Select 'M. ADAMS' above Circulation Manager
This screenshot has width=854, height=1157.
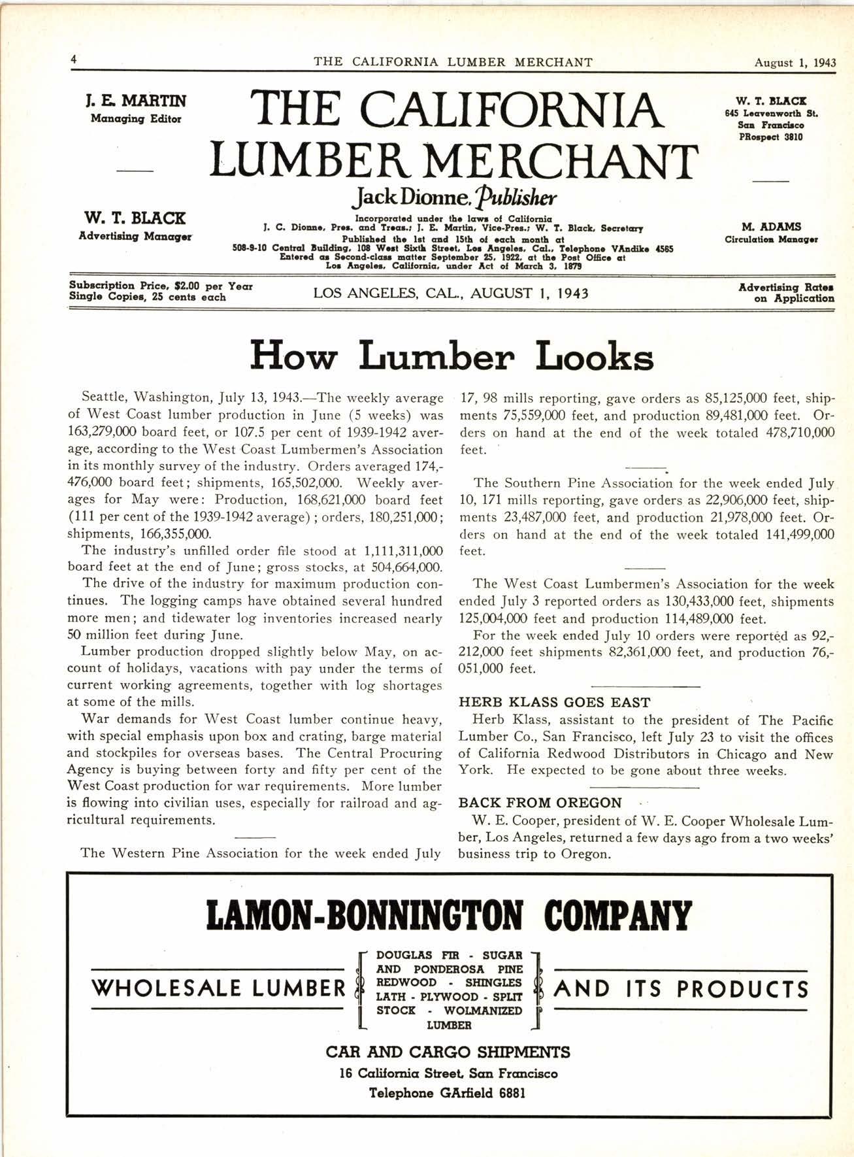point(771,227)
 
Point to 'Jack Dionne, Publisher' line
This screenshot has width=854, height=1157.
point(453,195)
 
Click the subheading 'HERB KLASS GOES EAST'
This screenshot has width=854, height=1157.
point(555,703)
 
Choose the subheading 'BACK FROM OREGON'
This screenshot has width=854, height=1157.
point(540,803)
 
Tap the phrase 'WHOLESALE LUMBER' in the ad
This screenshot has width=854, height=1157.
point(219,988)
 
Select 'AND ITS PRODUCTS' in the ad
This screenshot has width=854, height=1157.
point(681,988)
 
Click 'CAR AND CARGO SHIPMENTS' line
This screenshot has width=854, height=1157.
point(448,1052)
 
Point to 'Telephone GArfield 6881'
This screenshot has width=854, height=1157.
point(448,1093)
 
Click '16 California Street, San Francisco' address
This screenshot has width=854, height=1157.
point(448,1073)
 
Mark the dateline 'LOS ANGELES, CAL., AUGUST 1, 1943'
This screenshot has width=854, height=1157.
point(451,293)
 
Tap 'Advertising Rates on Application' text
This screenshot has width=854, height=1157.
point(786,292)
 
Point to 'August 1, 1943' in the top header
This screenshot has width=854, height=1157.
point(795,63)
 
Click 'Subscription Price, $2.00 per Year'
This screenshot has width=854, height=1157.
point(161,286)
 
